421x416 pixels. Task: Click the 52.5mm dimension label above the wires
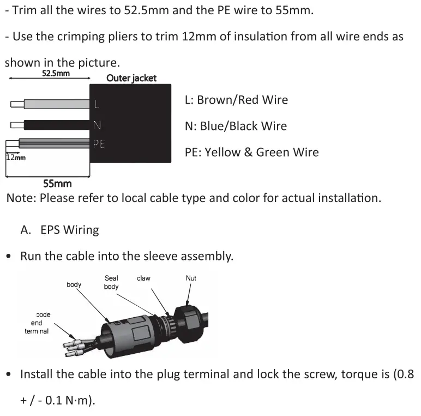point(56,74)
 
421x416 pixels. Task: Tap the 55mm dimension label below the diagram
point(57,184)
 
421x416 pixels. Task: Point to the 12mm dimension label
point(16,158)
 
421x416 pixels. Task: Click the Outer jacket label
point(131,78)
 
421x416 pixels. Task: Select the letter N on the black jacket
point(97,126)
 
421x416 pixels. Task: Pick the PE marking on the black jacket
point(99,144)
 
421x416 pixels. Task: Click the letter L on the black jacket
point(97,104)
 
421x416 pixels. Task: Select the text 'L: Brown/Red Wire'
point(236,100)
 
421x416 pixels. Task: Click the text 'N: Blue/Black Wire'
point(236,126)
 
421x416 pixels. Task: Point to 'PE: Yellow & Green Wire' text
point(251,152)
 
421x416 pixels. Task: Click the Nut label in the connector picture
point(191,278)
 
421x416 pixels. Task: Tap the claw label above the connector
point(143,278)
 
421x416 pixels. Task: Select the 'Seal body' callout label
point(111,282)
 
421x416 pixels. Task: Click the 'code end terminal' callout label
point(37,323)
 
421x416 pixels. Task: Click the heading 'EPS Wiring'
point(70,230)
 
